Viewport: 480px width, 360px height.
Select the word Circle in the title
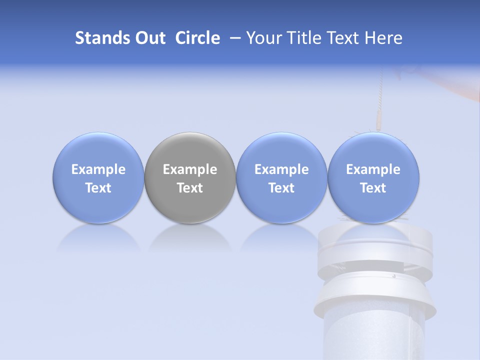197,38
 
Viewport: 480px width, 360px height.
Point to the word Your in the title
263,38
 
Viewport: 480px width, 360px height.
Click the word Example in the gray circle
190,169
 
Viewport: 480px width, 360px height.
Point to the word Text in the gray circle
190,188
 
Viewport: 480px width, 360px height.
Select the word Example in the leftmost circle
98,169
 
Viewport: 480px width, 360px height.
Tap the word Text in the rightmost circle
373,188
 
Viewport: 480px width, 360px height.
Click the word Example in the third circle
281,169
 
